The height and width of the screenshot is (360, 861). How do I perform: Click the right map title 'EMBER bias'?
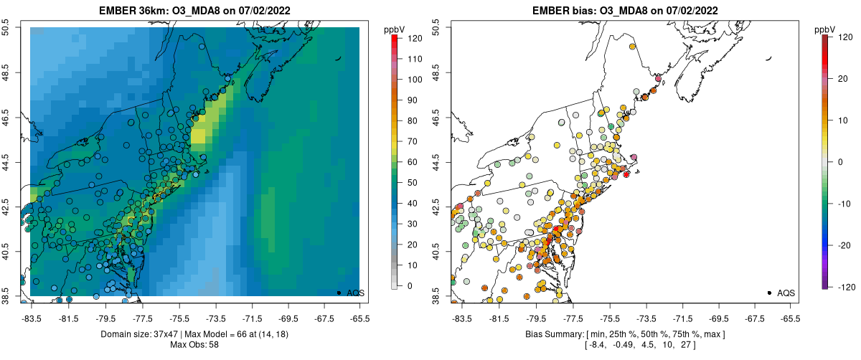tap(584, 10)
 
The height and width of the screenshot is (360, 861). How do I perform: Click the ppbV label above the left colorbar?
tap(395, 29)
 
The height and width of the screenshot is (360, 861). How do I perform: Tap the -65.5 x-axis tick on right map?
tap(790, 318)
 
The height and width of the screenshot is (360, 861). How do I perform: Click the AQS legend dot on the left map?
tap(339, 293)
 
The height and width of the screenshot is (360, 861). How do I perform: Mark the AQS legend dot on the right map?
tap(769, 293)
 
